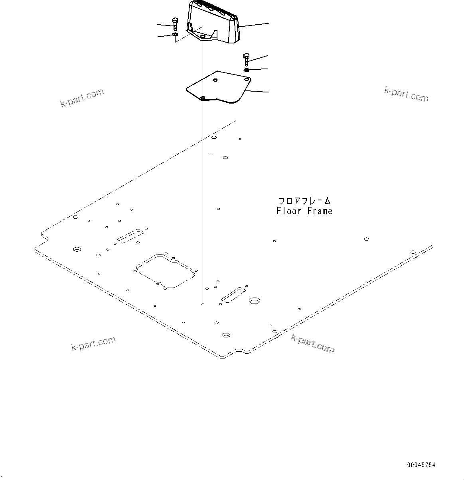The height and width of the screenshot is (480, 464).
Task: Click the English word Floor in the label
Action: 289,211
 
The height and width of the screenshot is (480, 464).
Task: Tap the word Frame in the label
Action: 319,211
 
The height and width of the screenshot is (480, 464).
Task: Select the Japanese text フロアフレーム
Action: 305,201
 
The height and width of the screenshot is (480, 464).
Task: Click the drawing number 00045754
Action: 421,465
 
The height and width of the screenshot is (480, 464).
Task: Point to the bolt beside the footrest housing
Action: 175,24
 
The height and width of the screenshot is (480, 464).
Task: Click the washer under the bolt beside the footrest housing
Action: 175,35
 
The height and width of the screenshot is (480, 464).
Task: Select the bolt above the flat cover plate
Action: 246,59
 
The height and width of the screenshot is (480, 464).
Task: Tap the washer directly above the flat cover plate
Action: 247,70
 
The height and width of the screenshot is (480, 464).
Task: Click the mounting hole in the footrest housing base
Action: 203,36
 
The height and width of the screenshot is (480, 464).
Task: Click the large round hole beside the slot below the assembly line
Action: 254,301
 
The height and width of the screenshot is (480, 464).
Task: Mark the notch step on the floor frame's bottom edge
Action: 242,351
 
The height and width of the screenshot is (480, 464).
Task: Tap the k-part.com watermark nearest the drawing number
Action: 313,343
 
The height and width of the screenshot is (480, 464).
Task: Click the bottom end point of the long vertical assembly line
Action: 203,304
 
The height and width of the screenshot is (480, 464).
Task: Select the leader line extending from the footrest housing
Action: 253,25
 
